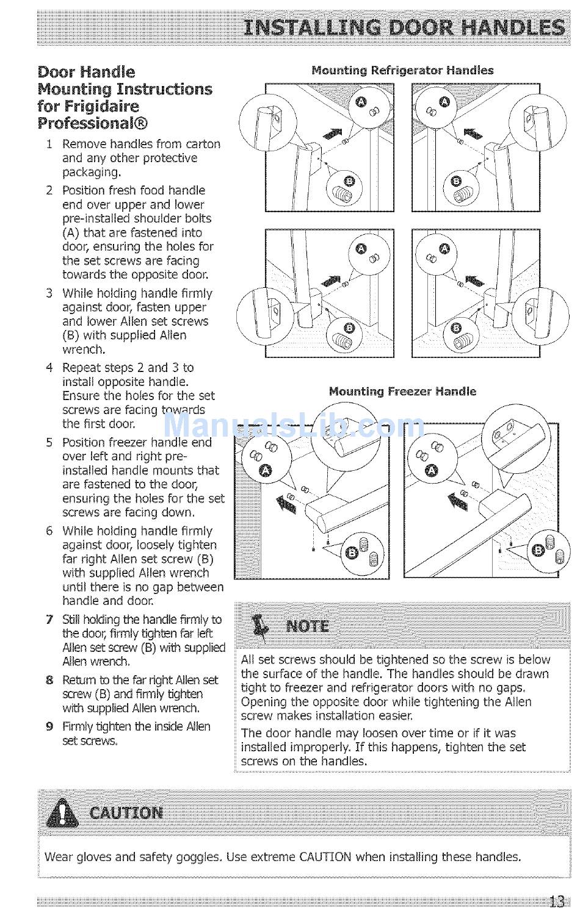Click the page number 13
point(556,901)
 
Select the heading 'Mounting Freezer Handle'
point(402,391)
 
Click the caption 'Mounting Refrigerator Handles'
point(402,70)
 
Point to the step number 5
point(49,442)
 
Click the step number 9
point(49,726)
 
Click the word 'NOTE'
point(308,626)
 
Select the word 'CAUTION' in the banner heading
point(126,813)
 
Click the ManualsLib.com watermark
point(293,424)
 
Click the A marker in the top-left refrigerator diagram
point(361,101)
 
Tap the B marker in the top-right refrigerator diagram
point(455,181)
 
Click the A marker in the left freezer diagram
point(264,470)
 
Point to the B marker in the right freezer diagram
point(538,551)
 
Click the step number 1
point(49,144)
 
